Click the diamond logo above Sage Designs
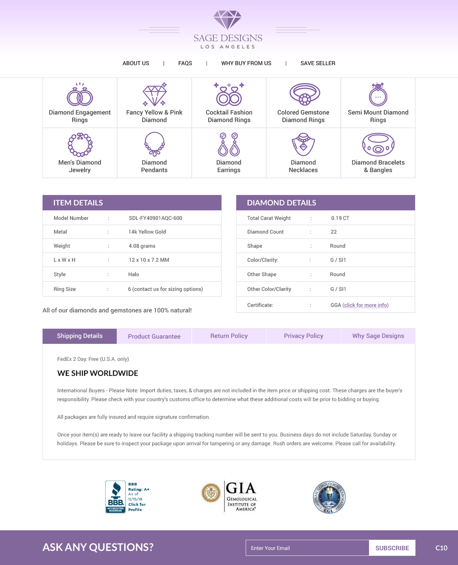pyautogui.click(x=227, y=20)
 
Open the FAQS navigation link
pyautogui.click(x=185, y=63)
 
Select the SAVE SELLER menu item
pyautogui.click(x=318, y=63)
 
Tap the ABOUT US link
pyautogui.click(x=136, y=63)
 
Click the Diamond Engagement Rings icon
pyautogui.click(x=80, y=95)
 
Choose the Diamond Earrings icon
pyautogui.click(x=229, y=144)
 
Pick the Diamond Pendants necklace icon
pyautogui.click(x=154, y=144)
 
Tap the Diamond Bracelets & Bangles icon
pyautogui.click(x=378, y=144)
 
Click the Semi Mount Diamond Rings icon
pyautogui.click(x=378, y=95)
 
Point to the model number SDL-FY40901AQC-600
pyautogui.click(x=155, y=218)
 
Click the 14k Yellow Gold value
pyautogui.click(x=147, y=232)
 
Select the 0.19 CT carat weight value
pyautogui.click(x=340, y=218)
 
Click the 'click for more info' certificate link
pyautogui.click(x=366, y=305)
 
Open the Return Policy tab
pyautogui.click(x=229, y=336)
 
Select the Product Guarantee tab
pyautogui.click(x=154, y=336)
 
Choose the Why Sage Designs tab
pyautogui.click(x=378, y=336)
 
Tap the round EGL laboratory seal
pyautogui.click(x=329, y=497)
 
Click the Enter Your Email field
pyautogui.click(x=307, y=548)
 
